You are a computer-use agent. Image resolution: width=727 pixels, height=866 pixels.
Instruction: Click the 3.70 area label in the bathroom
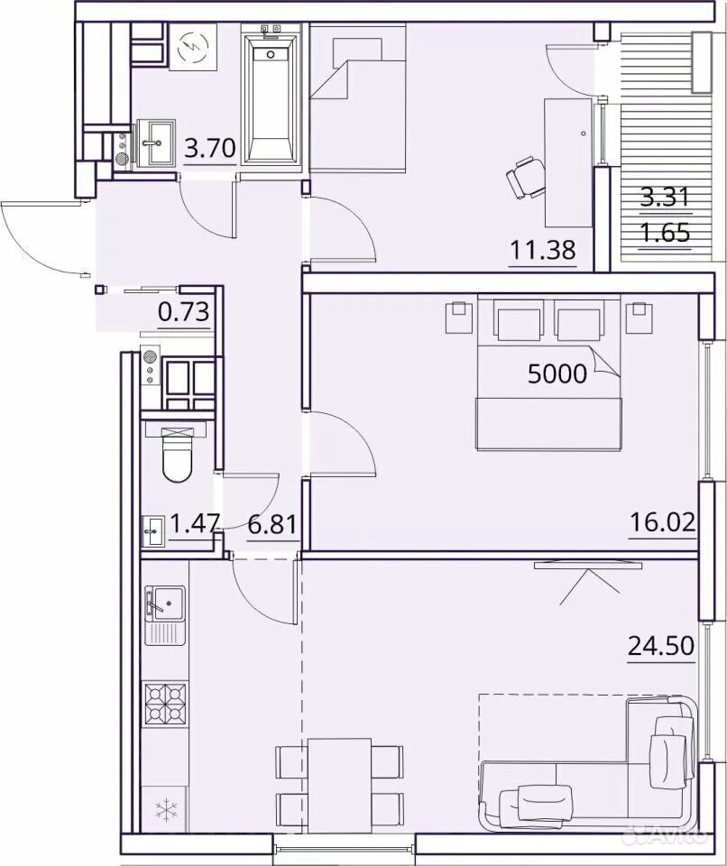(210, 148)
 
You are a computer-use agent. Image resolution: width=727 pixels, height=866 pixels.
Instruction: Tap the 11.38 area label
(542, 250)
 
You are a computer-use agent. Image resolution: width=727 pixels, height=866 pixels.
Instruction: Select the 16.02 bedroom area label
(663, 522)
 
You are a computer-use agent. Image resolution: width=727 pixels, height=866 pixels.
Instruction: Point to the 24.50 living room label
(661, 645)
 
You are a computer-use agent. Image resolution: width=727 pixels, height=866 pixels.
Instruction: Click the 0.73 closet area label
(183, 312)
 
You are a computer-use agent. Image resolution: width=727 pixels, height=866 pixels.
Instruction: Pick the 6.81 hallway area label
(273, 524)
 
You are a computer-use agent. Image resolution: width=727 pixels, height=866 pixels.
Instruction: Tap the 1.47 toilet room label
(196, 523)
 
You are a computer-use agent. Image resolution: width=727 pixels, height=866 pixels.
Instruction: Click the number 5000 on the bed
(557, 373)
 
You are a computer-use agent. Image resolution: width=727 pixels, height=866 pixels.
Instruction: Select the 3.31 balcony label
(666, 197)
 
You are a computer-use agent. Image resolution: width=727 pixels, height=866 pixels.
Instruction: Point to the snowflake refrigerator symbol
(166, 810)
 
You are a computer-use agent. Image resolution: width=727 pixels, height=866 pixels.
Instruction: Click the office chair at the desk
(525, 178)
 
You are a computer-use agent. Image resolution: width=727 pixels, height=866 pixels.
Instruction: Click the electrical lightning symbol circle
(192, 47)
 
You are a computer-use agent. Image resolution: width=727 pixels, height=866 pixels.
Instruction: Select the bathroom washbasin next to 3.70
(153, 143)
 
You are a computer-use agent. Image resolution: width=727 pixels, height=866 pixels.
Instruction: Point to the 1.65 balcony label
(666, 233)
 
